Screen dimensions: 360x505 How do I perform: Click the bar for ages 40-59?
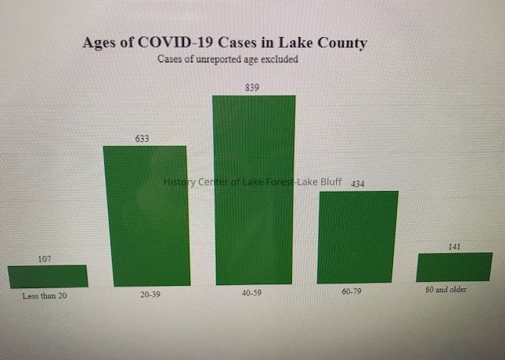tap(254, 189)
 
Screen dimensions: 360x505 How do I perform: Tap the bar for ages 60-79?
tap(357, 237)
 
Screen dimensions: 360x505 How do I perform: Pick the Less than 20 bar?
tap(47, 276)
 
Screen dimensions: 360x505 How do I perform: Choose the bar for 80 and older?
tap(454, 267)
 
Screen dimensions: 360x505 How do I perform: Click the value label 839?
tap(252, 88)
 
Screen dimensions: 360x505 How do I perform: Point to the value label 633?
tap(142, 138)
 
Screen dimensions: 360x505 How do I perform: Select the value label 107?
tap(45, 258)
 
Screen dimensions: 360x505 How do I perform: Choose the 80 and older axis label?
tap(446, 289)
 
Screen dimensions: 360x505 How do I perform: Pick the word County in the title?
tap(339, 43)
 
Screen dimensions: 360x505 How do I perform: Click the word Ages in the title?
tap(102, 42)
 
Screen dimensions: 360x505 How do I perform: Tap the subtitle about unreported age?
tap(227, 59)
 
